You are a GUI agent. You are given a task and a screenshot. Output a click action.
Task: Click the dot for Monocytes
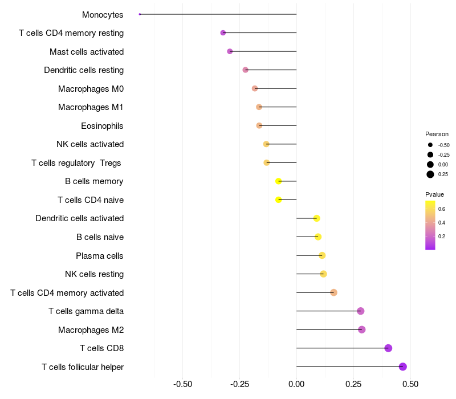click(140, 14)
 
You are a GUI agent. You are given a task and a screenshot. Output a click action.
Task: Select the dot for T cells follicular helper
click(403, 367)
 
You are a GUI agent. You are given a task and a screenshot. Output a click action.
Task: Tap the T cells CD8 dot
click(388, 348)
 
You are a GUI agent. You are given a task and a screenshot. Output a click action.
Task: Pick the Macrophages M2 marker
click(361, 329)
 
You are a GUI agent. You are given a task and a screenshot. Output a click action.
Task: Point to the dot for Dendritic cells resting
click(245, 70)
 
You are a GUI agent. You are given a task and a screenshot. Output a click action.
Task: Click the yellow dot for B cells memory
click(279, 181)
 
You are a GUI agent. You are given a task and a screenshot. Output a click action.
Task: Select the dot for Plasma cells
click(322, 255)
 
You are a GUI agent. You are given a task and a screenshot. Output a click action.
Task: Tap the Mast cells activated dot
click(230, 51)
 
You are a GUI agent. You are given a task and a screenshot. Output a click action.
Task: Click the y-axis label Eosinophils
click(102, 125)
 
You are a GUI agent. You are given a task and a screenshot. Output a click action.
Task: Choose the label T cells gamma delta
click(86, 311)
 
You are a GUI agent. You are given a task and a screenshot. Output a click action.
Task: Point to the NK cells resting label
click(94, 274)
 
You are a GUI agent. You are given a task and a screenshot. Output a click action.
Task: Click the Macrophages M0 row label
click(91, 88)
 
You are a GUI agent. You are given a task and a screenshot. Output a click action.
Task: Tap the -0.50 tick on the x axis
click(182, 384)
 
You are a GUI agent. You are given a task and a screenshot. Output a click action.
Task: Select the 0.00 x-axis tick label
click(296, 384)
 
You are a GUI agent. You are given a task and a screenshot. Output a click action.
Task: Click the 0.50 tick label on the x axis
click(410, 384)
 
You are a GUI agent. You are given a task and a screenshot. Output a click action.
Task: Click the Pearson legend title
click(437, 134)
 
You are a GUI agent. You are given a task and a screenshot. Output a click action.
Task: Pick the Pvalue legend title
click(434, 194)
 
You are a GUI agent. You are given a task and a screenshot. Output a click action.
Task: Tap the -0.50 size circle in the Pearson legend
click(430, 145)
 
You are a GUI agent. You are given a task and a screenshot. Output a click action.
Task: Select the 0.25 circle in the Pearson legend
click(430, 174)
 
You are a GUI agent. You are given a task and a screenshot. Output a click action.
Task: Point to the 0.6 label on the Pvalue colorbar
click(442, 209)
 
